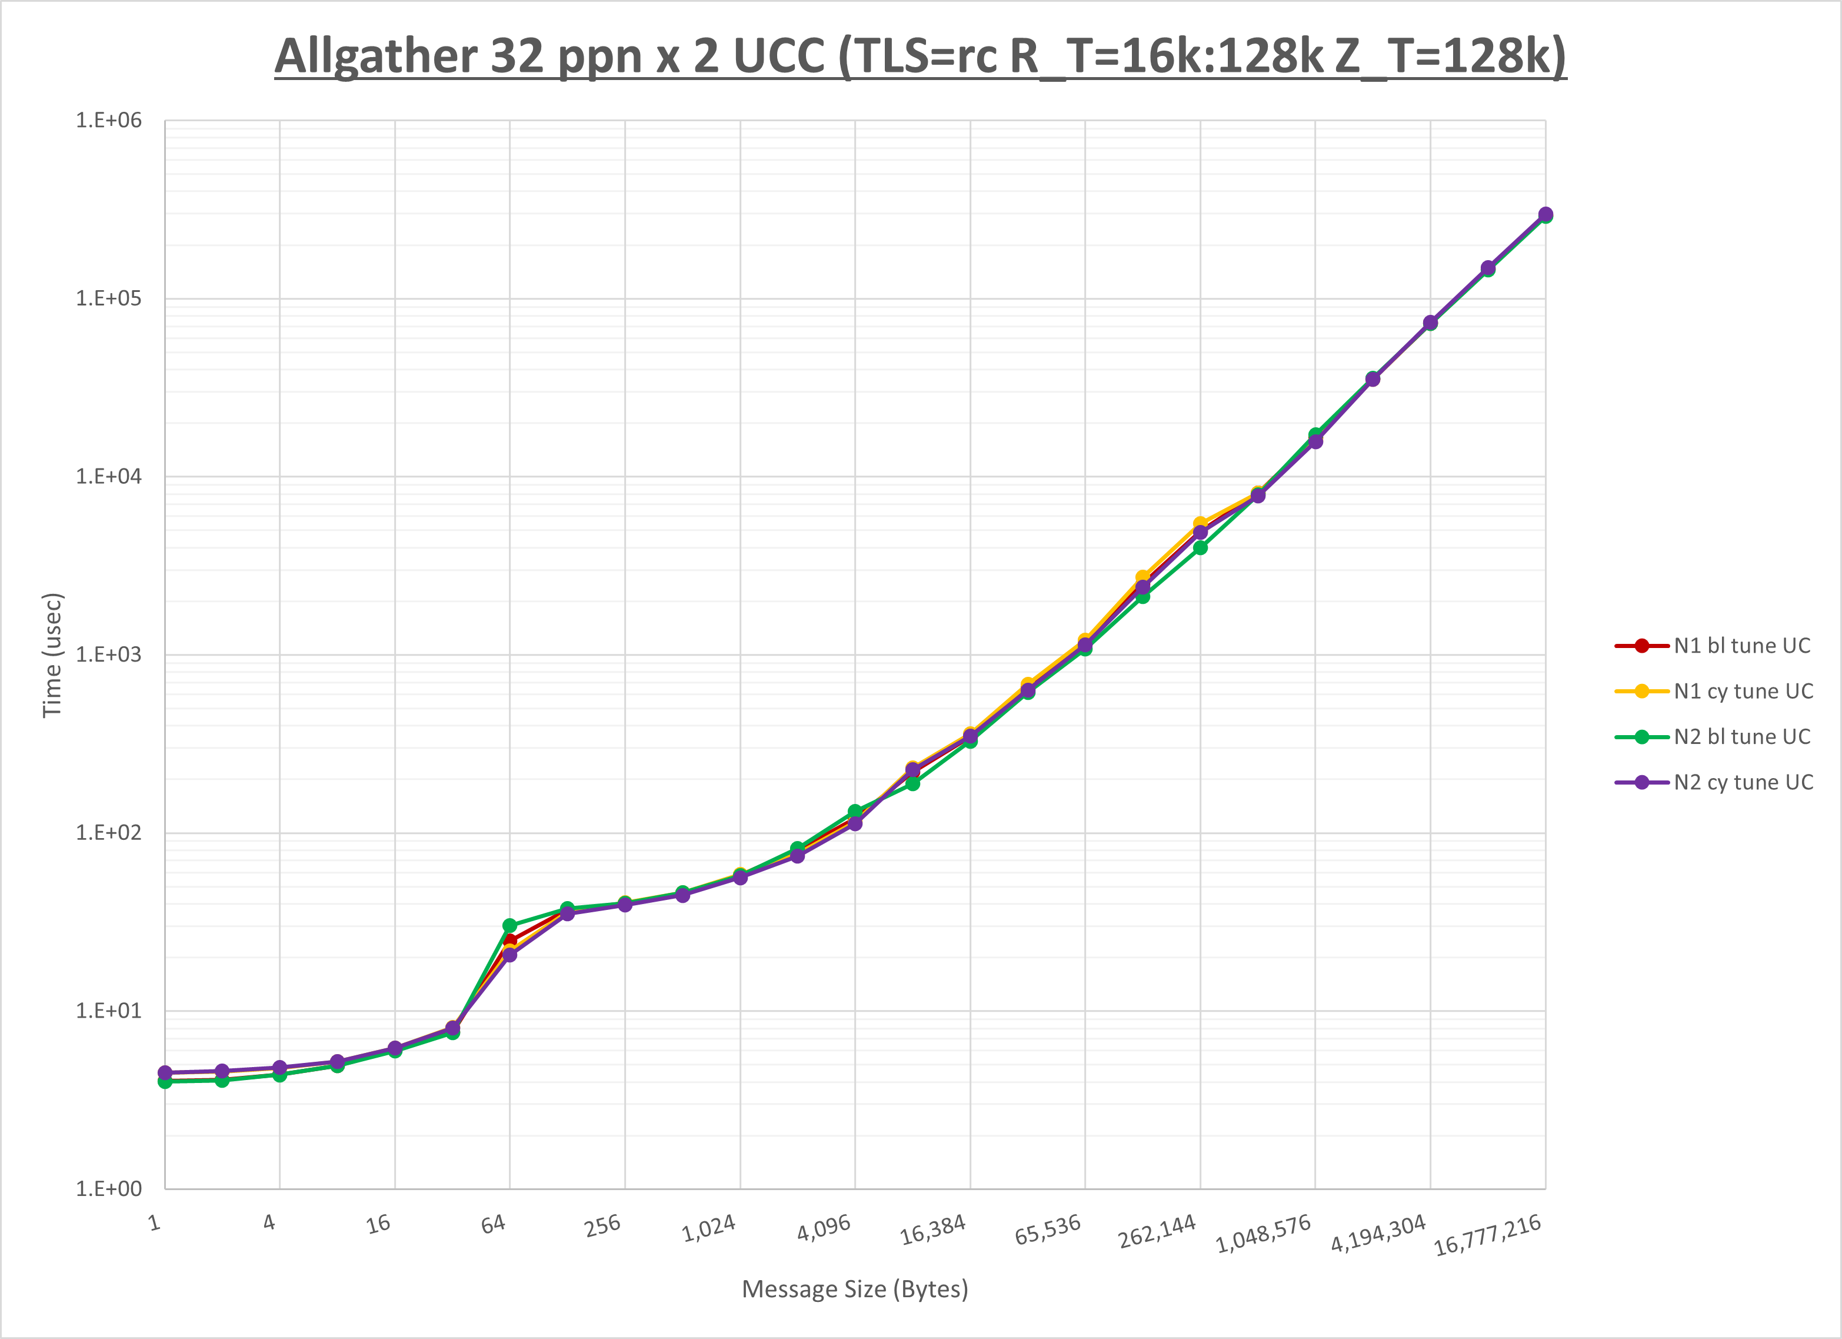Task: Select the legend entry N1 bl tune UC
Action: coord(1741,646)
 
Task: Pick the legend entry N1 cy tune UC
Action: coord(1743,692)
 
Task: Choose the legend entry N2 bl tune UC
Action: coord(1741,737)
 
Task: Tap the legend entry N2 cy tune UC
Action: coord(1743,782)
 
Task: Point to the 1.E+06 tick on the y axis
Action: coord(108,120)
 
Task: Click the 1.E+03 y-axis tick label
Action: coord(108,655)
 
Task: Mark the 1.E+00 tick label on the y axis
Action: coord(108,1189)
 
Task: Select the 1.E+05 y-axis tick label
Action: coord(108,298)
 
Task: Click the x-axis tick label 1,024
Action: coord(709,1228)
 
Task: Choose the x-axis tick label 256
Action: coord(602,1225)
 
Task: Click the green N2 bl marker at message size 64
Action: coord(510,925)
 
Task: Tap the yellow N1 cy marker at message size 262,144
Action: coord(1200,524)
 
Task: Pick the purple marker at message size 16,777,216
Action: coord(1545,214)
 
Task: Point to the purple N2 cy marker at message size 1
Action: coord(165,1072)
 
